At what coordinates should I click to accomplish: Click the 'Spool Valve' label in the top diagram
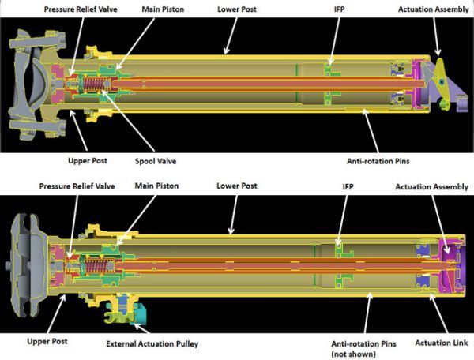coord(155,161)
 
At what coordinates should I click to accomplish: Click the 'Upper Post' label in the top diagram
coord(70,161)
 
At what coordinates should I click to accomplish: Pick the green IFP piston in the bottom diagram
coord(340,256)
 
